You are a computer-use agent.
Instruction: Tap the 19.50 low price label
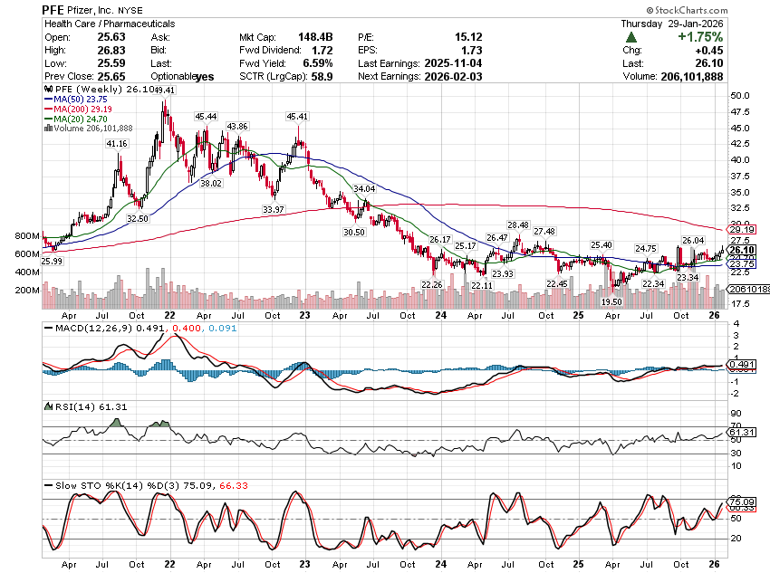pyautogui.click(x=612, y=301)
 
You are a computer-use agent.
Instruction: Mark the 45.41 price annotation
pyautogui.click(x=297, y=117)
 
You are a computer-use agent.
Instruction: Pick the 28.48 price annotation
pyautogui.click(x=518, y=225)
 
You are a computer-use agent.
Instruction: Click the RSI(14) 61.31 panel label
pyautogui.click(x=82, y=406)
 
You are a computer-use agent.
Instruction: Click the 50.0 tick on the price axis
pyautogui.click(x=740, y=95)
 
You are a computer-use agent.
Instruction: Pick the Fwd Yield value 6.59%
pyautogui.click(x=315, y=63)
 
